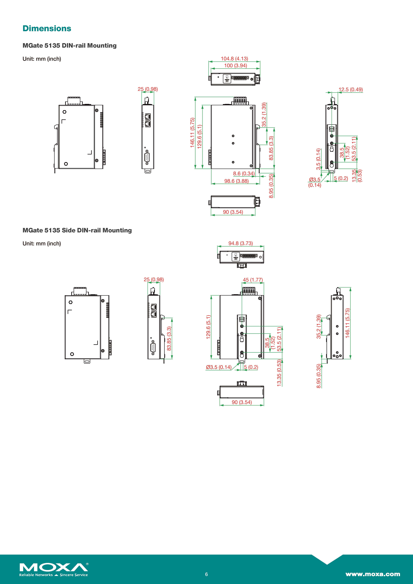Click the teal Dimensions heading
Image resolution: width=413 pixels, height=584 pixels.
47,29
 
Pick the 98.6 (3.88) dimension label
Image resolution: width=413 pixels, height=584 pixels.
236,181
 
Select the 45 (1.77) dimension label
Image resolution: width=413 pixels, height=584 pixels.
253,280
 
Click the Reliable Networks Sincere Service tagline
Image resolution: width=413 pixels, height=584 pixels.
53,575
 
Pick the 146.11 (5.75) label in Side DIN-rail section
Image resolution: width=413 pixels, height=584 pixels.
347,323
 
